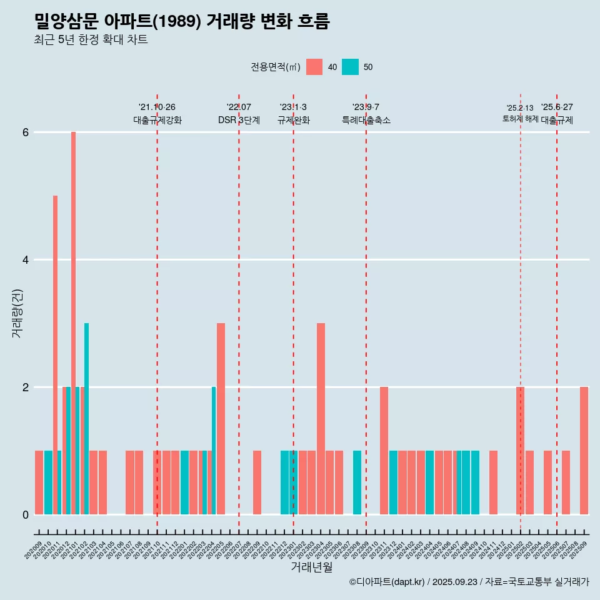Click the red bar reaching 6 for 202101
[x=73, y=322]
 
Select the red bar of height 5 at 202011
[x=55, y=354]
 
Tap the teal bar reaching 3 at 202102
[x=87, y=418]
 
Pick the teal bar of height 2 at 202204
[x=214, y=450]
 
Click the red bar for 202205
[x=221, y=418]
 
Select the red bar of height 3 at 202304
[x=321, y=418]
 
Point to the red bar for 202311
[x=384, y=450]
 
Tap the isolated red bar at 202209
[x=257, y=482]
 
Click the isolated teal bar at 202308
[x=357, y=482]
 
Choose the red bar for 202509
[x=584, y=450]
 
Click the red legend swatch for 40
[x=314, y=67]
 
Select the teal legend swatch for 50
[x=351, y=67]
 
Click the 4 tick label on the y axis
[x=26, y=260]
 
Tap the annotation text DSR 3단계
[x=239, y=120]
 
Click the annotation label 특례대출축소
[x=366, y=120]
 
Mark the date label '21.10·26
[x=157, y=107]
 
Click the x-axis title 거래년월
[x=311, y=567]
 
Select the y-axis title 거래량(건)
[x=17, y=312]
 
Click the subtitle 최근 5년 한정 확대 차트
[x=91, y=40]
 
